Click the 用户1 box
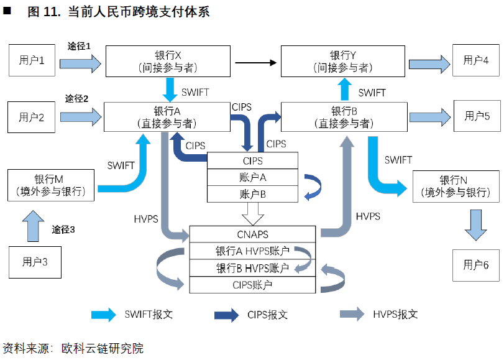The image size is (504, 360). (32, 60)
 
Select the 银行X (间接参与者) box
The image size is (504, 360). (168, 61)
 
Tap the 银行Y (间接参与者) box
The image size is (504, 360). (343, 61)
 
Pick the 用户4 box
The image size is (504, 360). (476, 60)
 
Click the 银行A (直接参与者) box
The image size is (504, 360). (167, 117)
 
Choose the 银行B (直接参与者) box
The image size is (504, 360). (344, 117)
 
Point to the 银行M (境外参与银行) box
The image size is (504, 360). (51, 185)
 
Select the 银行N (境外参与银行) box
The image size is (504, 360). (456, 187)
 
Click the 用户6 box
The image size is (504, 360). (476, 265)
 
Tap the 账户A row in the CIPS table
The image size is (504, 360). (253, 177)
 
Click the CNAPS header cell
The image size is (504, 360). (253, 234)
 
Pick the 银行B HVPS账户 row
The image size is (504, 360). (253, 268)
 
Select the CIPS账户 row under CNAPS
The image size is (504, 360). (253, 285)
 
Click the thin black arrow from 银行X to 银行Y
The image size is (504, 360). (256, 63)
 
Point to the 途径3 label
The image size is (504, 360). (63, 229)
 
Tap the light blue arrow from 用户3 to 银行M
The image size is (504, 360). (34, 226)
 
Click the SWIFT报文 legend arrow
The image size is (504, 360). (104, 315)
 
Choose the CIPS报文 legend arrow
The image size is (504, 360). (227, 315)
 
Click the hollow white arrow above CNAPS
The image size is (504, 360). (253, 215)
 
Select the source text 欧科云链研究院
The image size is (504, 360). (103, 348)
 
